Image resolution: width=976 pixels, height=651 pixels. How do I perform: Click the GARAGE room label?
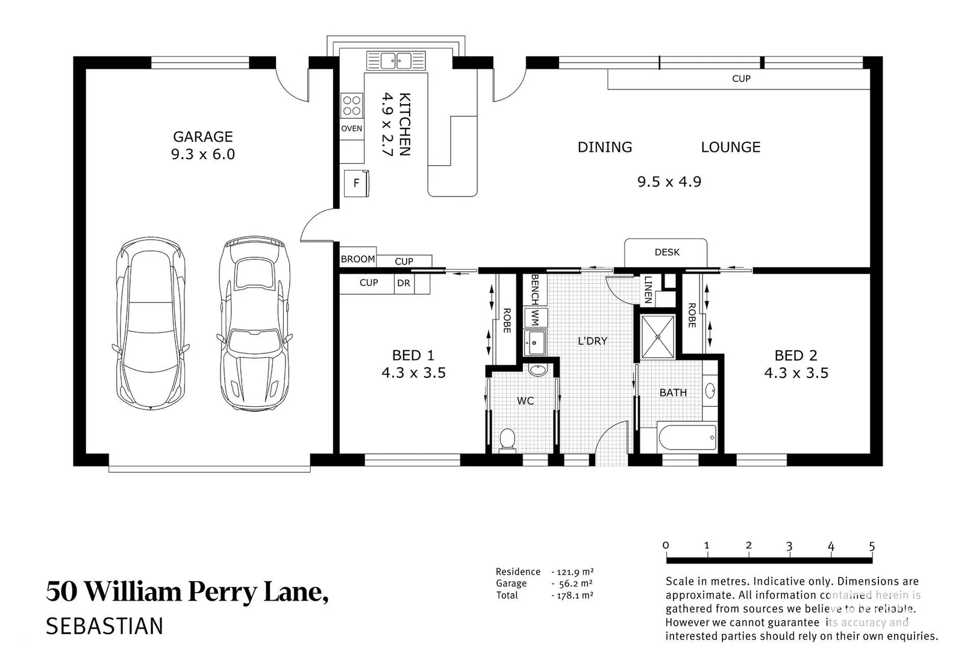pos(203,137)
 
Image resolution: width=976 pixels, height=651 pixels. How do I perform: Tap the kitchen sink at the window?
pos(395,60)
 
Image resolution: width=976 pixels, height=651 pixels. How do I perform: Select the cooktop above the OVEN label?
pos(352,105)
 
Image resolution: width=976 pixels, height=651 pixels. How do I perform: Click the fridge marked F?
pos(356,183)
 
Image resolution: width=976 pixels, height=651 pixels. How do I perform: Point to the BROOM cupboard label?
pos(358,259)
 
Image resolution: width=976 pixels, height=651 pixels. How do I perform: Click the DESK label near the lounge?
pos(667,252)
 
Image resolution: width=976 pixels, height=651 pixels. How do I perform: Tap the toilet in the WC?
pos(508,439)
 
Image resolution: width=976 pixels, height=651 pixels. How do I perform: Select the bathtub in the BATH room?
pos(687,436)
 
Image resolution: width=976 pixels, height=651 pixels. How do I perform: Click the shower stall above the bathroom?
pos(657,337)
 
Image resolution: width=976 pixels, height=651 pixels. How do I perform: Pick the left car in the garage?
pos(149,324)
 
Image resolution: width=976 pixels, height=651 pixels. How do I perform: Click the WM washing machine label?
pos(535,318)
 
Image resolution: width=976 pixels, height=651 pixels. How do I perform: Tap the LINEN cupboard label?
pos(648,289)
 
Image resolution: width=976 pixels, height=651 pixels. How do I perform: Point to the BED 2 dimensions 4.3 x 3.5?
pos(796,373)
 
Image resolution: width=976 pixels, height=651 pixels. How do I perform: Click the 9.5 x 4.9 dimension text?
pos(669,181)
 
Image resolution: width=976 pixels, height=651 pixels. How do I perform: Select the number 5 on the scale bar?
pos(872,546)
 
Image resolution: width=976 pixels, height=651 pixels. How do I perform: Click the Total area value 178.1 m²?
pos(574,595)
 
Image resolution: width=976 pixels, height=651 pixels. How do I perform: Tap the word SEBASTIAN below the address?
pos(104,626)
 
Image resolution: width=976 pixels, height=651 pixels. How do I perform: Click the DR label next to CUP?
pos(404,283)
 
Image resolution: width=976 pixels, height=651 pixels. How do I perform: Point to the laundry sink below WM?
pos(535,343)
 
